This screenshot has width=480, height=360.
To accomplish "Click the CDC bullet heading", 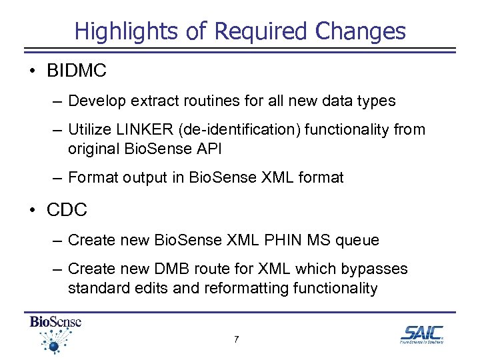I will pos(67,210).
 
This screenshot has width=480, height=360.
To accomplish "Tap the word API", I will pos(208,149).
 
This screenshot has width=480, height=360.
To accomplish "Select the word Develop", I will pos(95,101).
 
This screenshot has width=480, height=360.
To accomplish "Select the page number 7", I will pos(237,340).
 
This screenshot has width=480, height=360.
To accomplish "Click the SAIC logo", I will pos(421,334).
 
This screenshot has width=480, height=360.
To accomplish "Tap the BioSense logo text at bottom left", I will pos(56,322).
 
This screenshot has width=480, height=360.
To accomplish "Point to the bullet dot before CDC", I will pos(32,211).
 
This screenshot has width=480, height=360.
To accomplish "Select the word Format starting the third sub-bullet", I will pos(93,177).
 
